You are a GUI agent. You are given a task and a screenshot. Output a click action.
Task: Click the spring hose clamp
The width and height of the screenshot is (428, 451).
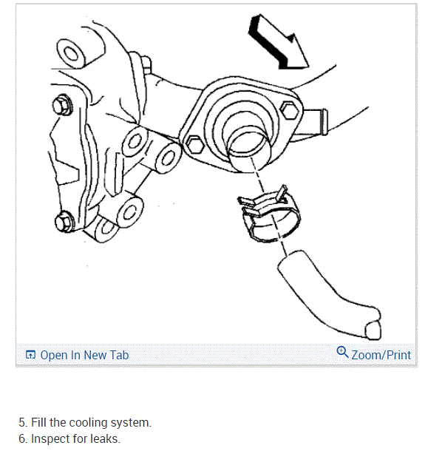(x=269, y=214)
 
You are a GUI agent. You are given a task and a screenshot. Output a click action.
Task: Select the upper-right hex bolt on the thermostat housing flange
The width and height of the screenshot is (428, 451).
(x=290, y=110)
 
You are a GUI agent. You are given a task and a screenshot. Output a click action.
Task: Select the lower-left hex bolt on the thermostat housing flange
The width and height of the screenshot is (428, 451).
(x=195, y=145)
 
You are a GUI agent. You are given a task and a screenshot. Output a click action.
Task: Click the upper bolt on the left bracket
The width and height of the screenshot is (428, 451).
(x=62, y=105)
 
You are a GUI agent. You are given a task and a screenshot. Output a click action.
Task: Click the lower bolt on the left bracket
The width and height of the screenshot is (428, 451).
(x=64, y=222)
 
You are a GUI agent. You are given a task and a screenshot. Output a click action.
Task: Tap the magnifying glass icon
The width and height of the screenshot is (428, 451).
(x=342, y=352)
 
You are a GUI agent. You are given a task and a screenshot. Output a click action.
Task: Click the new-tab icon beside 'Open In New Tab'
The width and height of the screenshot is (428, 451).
(x=30, y=355)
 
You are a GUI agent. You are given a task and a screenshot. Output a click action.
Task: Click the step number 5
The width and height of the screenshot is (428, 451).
(x=23, y=423)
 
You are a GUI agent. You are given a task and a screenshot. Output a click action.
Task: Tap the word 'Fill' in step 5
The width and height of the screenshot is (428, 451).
(x=38, y=422)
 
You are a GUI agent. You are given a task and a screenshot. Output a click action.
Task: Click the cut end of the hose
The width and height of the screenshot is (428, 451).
(x=373, y=330)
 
